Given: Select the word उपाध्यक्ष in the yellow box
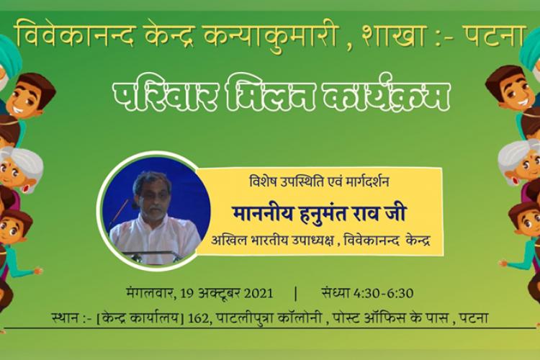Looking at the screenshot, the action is [312, 240].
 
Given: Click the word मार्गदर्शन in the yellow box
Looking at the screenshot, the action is [366, 181].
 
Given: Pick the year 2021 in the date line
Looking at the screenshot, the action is [258, 294].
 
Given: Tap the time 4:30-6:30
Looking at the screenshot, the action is [383, 293].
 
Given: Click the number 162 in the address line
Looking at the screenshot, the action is [199, 318].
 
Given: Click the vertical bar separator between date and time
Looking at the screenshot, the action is [296, 294].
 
